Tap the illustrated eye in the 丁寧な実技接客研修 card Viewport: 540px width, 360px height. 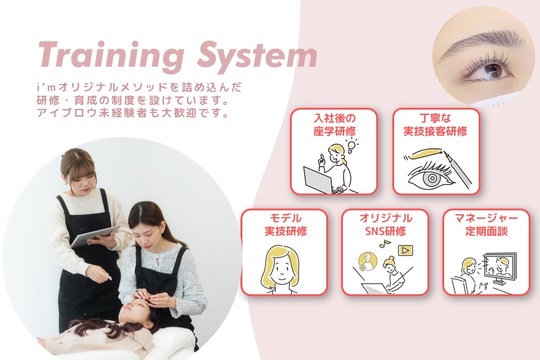tap(429, 177)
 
